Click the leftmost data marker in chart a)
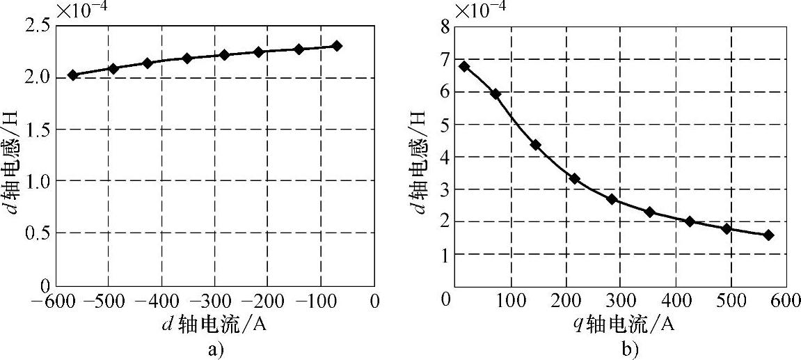pyautogui.click(x=72, y=75)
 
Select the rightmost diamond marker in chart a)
pyautogui.click(x=337, y=46)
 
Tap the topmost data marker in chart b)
pyautogui.click(x=464, y=67)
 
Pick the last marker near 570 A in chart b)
pyautogui.click(x=768, y=235)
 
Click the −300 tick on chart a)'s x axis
pyautogui.click(x=213, y=302)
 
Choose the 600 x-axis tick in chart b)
pyautogui.click(x=785, y=301)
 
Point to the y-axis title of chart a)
pyautogui.click(x=13, y=155)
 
